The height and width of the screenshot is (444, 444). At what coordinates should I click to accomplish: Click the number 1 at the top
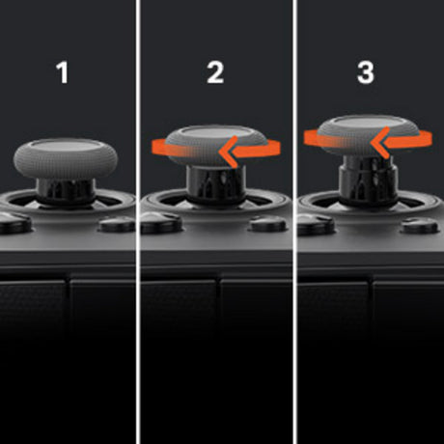pyautogui.click(x=63, y=72)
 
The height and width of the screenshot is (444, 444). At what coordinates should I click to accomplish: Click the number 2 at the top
pyautogui.click(x=215, y=72)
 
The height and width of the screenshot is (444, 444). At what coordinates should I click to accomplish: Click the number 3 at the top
pyautogui.click(x=366, y=72)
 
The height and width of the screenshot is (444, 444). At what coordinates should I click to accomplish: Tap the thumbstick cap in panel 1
pyautogui.click(x=66, y=158)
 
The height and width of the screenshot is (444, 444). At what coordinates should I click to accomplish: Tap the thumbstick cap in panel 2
pyautogui.click(x=216, y=147)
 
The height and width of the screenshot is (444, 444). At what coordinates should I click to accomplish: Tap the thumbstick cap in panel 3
pyautogui.click(x=368, y=135)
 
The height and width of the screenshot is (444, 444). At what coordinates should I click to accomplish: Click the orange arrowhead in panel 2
pyautogui.click(x=229, y=152)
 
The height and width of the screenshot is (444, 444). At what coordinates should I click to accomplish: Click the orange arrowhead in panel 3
pyautogui.click(x=380, y=142)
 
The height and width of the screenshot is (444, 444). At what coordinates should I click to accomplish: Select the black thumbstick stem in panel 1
pyautogui.click(x=66, y=192)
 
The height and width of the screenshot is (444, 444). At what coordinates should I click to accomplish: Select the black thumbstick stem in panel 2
pyautogui.click(x=216, y=185)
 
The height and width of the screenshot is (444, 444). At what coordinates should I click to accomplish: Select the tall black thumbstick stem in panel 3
pyautogui.click(x=368, y=180)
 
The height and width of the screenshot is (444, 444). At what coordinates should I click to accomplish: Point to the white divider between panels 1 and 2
pyautogui.click(x=138, y=222)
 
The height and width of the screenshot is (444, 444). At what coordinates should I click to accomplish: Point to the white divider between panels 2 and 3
pyautogui.click(x=294, y=222)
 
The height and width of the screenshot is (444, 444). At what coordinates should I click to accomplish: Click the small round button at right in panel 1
pyautogui.click(x=117, y=224)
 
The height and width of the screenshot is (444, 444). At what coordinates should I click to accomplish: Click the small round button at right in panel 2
pyautogui.click(x=268, y=224)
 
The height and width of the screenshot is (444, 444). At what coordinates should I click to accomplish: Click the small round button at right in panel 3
pyautogui.click(x=420, y=226)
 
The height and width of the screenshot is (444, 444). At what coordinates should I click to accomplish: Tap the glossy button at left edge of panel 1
pyautogui.click(x=15, y=222)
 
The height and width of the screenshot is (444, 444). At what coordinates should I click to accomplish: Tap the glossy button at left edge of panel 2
pyautogui.click(x=161, y=223)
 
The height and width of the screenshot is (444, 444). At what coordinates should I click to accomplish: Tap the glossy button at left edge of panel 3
pyautogui.click(x=316, y=223)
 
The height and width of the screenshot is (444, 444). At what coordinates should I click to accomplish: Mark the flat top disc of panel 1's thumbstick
pyautogui.click(x=67, y=145)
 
